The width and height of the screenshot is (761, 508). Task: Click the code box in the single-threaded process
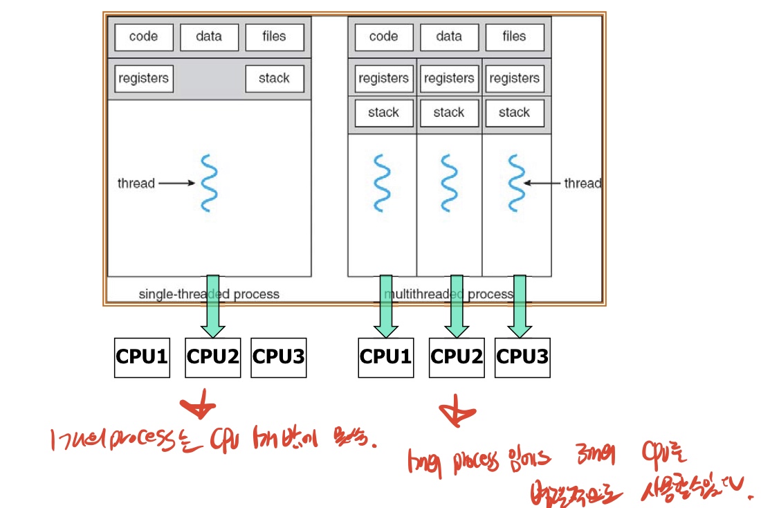[143, 37]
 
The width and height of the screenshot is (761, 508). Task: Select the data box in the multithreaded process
[449, 37]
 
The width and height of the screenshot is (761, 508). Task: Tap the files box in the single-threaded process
[274, 37]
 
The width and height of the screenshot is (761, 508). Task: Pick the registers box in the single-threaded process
[143, 79]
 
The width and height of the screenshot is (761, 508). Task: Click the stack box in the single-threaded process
[274, 79]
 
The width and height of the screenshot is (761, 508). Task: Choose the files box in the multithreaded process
[514, 37]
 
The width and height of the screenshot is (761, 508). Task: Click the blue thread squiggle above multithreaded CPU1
[382, 183]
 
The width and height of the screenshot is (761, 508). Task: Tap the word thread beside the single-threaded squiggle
[136, 183]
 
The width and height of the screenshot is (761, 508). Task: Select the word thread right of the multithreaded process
[583, 183]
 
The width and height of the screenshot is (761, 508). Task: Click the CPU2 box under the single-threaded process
[213, 357]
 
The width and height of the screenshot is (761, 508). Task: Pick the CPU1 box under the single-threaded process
[142, 357]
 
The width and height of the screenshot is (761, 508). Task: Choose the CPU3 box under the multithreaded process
[522, 357]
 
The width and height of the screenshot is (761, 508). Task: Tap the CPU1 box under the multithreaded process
[385, 357]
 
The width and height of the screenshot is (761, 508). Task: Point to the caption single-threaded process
[209, 294]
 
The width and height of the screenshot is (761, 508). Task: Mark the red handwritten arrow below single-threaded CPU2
[199, 408]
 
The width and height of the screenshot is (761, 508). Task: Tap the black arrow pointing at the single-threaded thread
[178, 183]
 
